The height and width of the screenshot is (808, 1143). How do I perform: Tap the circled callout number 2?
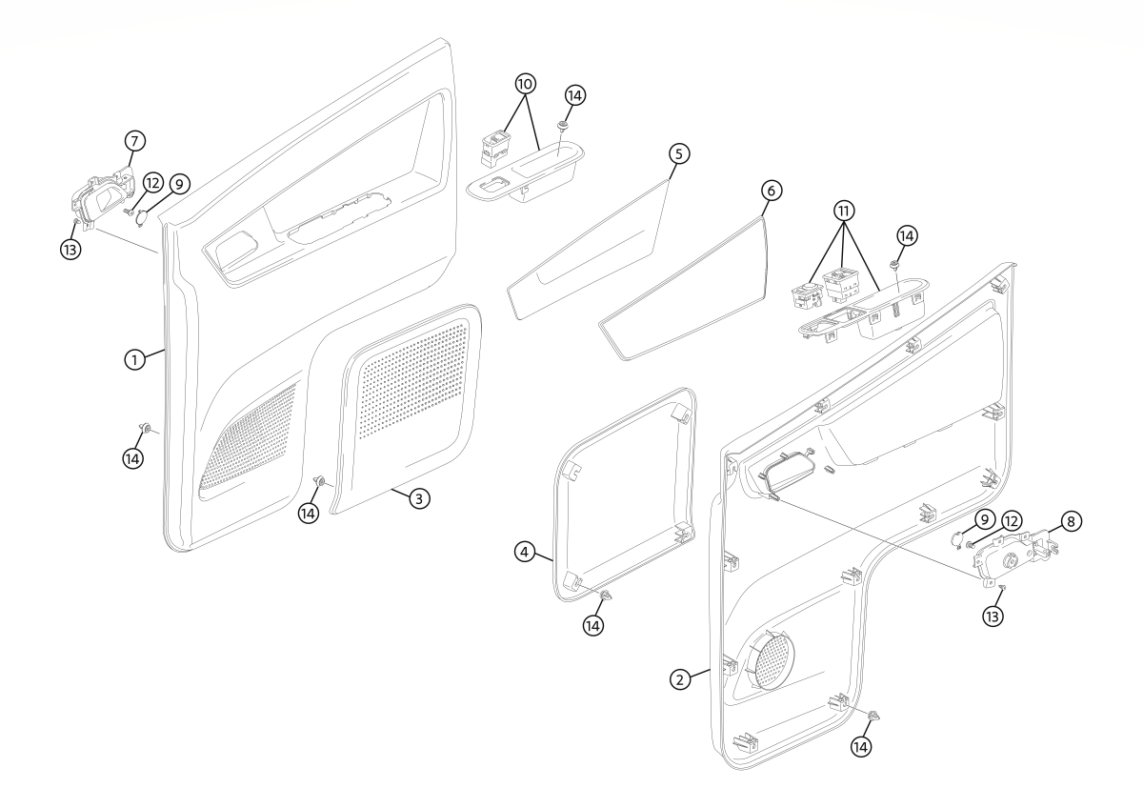[x=679, y=679]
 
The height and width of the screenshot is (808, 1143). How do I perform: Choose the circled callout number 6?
[x=772, y=191]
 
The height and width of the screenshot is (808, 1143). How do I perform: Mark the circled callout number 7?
[x=134, y=141]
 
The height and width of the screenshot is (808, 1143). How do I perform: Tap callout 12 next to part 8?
[x=1009, y=521]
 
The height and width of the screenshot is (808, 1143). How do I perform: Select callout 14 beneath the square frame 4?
[x=593, y=625]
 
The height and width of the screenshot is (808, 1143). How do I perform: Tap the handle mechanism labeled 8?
[x=1010, y=557]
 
